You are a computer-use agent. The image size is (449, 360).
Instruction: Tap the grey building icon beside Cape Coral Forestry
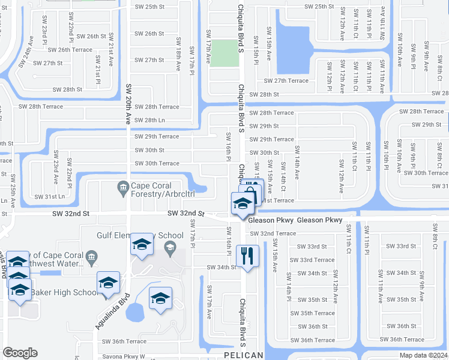pyautogui.click(x=123, y=188)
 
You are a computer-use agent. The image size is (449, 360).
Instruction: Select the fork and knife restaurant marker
pyautogui.click(x=247, y=256)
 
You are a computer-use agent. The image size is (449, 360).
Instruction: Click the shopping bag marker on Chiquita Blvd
pyautogui.click(x=252, y=191)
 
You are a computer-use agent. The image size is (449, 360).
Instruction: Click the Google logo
pyautogui.click(x=20, y=353)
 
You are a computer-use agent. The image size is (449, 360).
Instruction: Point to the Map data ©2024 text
pyautogui.click(x=424, y=355)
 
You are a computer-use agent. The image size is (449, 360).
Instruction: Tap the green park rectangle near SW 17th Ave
pyautogui.click(x=223, y=53)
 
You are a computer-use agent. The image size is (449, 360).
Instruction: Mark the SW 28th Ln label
pyautogui.click(x=149, y=120)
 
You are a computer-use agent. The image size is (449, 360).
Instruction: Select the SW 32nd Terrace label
pyautogui.click(x=273, y=233)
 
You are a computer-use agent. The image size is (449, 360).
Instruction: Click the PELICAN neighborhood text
pyautogui.click(x=243, y=356)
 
